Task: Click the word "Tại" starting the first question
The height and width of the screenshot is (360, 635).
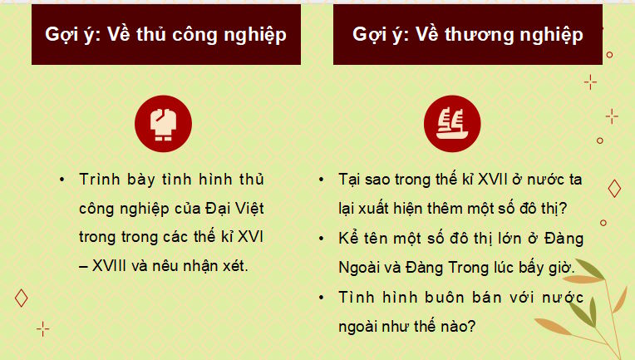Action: (352, 180)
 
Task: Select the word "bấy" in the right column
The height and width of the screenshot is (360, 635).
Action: (537, 266)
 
